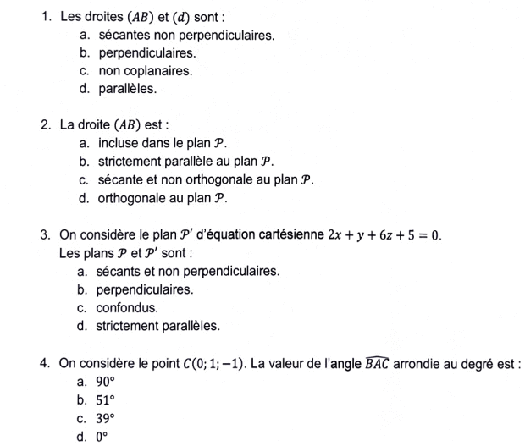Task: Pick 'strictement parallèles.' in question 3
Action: (x=157, y=325)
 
